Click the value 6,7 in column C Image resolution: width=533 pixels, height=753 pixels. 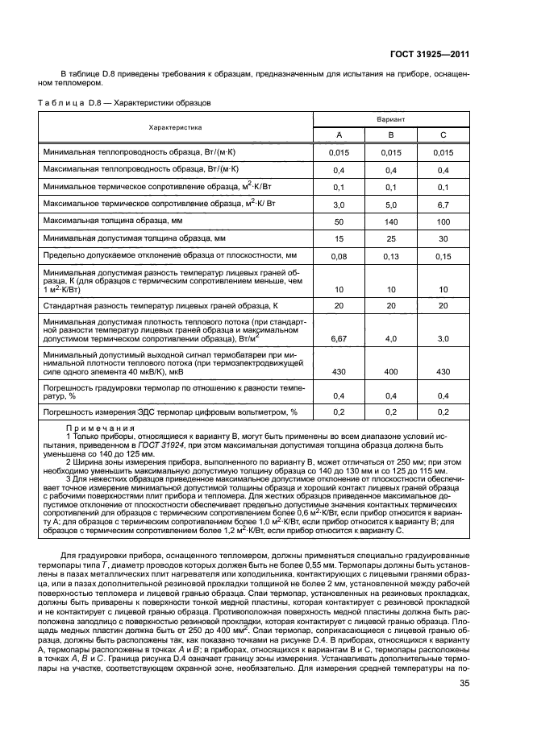pyautogui.click(x=443, y=205)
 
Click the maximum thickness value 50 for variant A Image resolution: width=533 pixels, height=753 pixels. pyautogui.click(x=339, y=221)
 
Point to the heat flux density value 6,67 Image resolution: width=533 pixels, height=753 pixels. pyautogui.click(x=339, y=340)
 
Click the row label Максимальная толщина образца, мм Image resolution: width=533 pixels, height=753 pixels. pyautogui.click(x=113, y=220)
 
